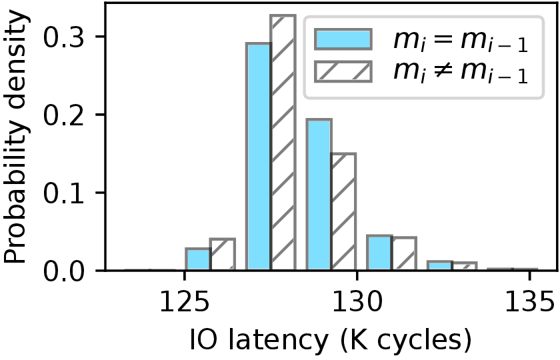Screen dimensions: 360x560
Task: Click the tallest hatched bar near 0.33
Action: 283,143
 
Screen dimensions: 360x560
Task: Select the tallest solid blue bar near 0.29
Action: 259,157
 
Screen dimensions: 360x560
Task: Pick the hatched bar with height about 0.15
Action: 343,212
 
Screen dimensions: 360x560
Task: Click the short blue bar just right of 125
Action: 198,259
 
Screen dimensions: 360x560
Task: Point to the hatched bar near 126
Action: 223,255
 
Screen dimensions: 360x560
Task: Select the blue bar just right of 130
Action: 379,253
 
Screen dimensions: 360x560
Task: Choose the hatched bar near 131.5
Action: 404,254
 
